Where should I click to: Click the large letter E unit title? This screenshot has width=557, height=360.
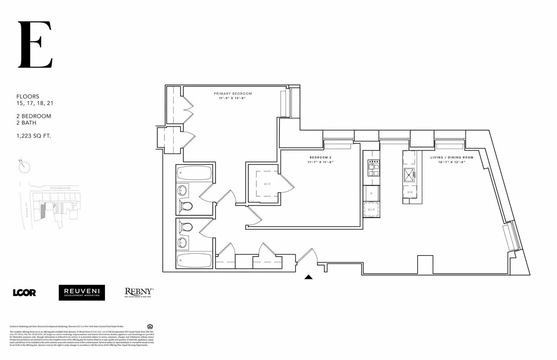[x=35, y=45]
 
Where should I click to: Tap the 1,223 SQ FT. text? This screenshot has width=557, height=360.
[x=34, y=136]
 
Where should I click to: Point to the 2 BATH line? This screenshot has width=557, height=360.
[x=26, y=123]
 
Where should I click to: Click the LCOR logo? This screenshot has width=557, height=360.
[x=24, y=292]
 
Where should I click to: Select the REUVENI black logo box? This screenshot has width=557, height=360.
[x=82, y=292]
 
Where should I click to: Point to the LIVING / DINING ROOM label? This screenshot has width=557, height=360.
[x=452, y=158]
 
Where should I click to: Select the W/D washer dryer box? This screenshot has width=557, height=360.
[x=371, y=209]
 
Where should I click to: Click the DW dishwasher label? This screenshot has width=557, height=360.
[x=410, y=193]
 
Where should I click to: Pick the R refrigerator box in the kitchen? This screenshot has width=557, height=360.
[x=371, y=193]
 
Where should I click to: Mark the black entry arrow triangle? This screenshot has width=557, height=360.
[x=309, y=277]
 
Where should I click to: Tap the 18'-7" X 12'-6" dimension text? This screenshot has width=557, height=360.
[x=452, y=163]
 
